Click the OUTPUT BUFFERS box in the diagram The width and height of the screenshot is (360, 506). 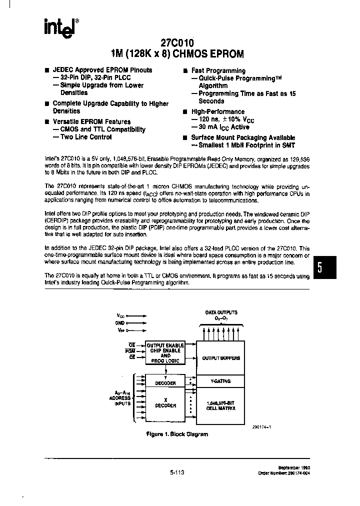pyautogui.click(x=220, y=358)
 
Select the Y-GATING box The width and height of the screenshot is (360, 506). pyautogui.click(x=220, y=381)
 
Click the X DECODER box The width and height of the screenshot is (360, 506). pyautogui.click(x=165, y=402)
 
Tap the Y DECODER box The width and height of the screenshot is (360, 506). pyautogui.click(x=165, y=381)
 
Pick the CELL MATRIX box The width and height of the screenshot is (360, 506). pyautogui.click(x=220, y=405)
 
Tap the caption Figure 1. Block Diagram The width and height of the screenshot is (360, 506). pyautogui.click(x=176, y=434)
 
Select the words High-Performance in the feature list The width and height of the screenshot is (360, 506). pyautogui.click(x=218, y=112)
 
